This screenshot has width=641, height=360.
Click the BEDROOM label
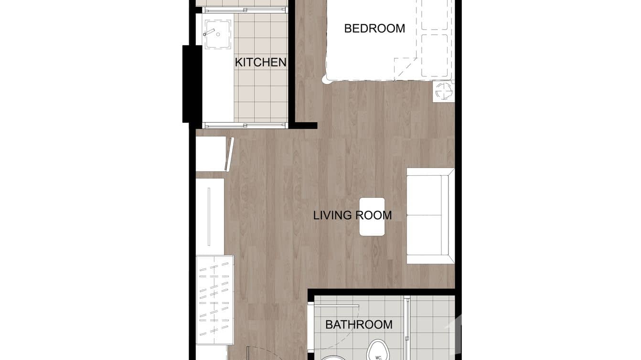pyautogui.click(x=374, y=29)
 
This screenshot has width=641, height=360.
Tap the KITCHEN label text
pyautogui.click(x=260, y=62)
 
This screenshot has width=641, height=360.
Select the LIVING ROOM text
pyautogui.click(x=353, y=215)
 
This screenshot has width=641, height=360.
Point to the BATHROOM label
pyautogui.click(x=359, y=325)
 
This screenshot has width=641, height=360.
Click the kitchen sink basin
pyautogui.click(x=218, y=34)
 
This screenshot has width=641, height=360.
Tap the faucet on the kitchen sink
pyautogui.click(x=209, y=33)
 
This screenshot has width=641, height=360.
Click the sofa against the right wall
pyautogui.click(x=429, y=215)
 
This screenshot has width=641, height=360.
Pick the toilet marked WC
pyautogui.click(x=377, y=351)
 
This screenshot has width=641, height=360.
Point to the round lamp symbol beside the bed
pyautogui.click(x=443, y=91)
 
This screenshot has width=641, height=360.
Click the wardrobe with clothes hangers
pyautogui.click(x=214, y=300)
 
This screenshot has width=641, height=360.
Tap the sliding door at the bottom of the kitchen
pyautogui.click(x=245, y=126)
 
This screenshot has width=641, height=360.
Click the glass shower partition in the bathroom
pyautogui.click(x=407, y=325)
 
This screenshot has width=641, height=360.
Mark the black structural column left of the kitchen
pyautogui.click(x=192, y=84)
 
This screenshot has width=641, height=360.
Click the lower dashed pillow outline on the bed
pyautogui.click(x=435, y=55)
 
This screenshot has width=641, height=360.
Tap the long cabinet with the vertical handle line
pyautogui.click(x=210, y=216)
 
